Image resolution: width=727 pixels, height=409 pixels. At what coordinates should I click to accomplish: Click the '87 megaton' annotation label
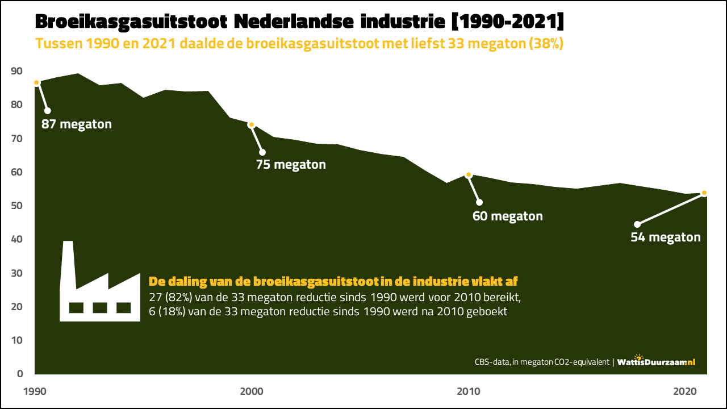(x=77, y=124)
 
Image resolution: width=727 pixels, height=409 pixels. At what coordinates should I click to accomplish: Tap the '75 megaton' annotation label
(x=291, y=165)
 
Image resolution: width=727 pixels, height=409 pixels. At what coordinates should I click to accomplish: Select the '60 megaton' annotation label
(x=508, y=216)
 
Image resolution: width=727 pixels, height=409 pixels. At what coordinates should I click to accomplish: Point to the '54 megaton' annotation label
(x=666, y=237)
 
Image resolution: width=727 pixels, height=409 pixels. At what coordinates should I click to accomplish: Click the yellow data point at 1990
(x=36, y=83)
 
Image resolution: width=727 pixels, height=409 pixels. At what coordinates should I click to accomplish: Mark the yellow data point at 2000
(x=251, y=124)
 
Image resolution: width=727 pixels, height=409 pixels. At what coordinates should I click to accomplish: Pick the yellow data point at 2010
(x=469, y=175)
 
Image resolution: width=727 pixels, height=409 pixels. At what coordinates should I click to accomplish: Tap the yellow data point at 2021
(x=704, y=193)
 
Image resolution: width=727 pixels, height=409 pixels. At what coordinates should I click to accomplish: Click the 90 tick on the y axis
(x=16, y=71)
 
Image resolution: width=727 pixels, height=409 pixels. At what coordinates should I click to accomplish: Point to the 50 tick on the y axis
(x=16, y=206)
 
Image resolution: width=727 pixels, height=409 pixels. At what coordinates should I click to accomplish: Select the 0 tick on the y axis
(x=20, y=374)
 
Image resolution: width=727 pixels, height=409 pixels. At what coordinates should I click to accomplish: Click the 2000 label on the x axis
(x=252, y=391)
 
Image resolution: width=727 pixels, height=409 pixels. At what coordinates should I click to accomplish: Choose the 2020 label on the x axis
(x=686, y=391)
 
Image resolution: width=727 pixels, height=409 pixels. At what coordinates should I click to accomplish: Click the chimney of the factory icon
(x=68, y=261)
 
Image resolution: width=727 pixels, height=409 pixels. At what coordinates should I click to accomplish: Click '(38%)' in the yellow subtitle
(x=545, y=44)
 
